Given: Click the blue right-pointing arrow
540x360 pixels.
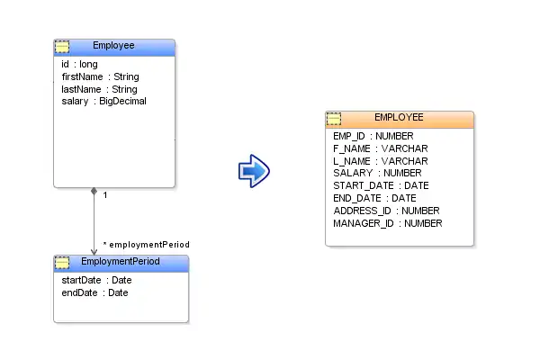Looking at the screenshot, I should pos(254,170).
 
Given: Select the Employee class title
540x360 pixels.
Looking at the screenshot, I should pos(113,46).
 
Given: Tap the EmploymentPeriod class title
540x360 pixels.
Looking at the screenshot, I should pos(120,262).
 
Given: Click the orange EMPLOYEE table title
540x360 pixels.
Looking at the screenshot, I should pos(399,118).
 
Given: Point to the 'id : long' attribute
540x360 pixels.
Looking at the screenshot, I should pos(79,65).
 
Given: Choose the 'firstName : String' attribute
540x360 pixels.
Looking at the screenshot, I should pos(100,77).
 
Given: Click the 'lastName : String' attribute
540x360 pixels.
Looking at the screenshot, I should pos(99,89).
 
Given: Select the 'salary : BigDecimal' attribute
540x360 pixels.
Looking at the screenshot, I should pos(103,102).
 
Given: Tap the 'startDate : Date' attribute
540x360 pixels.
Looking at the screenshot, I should pos(96,280).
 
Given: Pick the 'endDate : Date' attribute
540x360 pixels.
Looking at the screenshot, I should pos(94,292).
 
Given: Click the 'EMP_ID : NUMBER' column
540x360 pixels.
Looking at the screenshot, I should pos(373,136).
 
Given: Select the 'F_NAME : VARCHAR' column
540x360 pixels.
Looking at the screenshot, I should pos(380,148).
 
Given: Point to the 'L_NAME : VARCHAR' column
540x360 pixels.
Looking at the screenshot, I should pos(380,160).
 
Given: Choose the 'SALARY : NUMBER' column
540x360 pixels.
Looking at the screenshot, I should pos(377,173).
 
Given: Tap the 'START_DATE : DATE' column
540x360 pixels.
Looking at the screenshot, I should pos(381,185).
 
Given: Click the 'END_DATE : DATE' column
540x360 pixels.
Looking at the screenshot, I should pos(374,198).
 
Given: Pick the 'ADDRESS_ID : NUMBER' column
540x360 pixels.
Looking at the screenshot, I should pos(386,211).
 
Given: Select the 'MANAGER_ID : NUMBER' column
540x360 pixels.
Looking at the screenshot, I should pos(388,223).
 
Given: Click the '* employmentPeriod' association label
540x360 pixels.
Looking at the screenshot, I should pos(147,244).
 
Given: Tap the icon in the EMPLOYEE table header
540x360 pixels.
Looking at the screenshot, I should pos(334,118).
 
